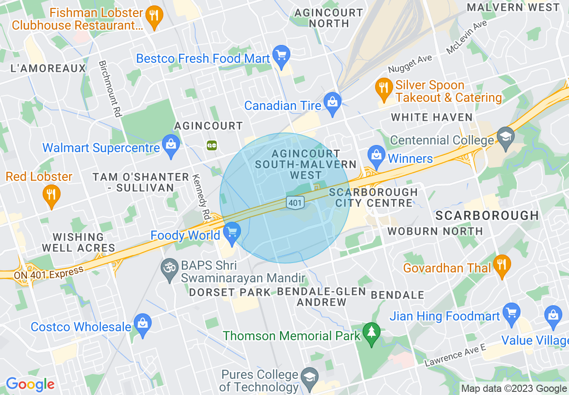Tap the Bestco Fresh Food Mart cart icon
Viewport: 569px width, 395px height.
(x=281, y=57)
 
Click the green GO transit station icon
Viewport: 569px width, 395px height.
(x=212, y=145)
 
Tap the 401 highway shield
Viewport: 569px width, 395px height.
(x=295, y=203)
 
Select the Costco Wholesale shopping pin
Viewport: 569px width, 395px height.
(x=143, y=325)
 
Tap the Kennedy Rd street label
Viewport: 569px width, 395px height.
(x=201, y=197)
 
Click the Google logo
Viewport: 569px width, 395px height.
(x=30, y=384)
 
